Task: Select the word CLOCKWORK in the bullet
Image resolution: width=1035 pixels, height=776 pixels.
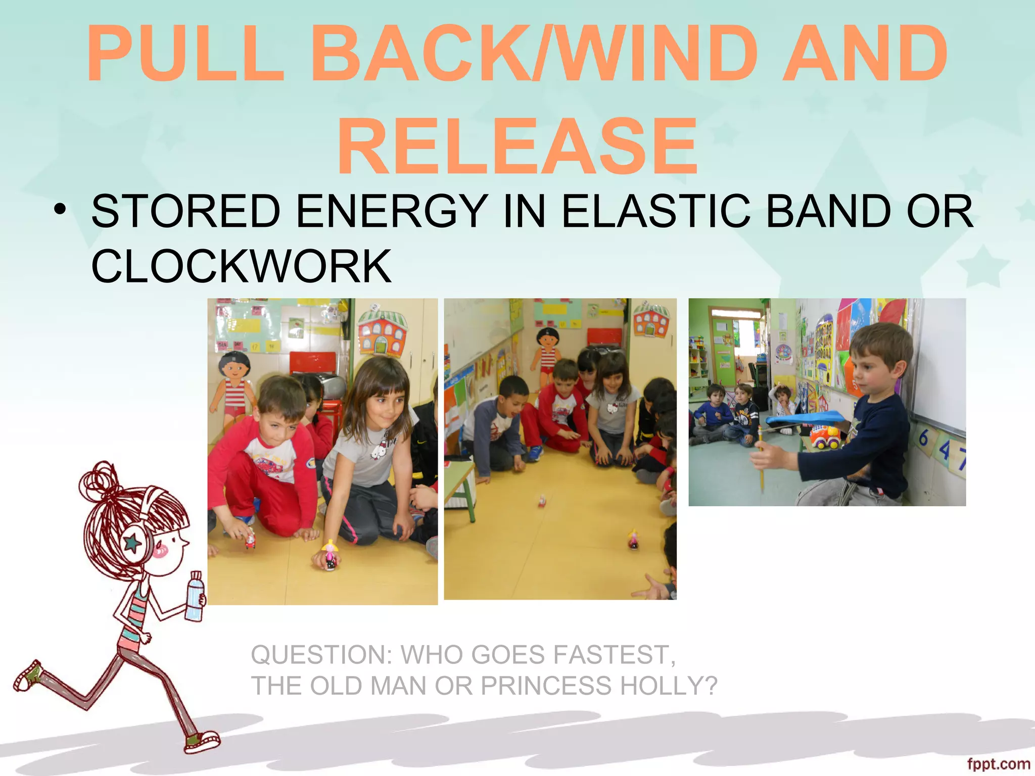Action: pyautogui.click(x=241, y=266)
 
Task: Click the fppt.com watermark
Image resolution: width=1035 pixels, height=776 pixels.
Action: pyautogui.click(x=998, y=764)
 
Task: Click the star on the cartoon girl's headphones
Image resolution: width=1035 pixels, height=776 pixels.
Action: pyautogui.click(x=133, y=543)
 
